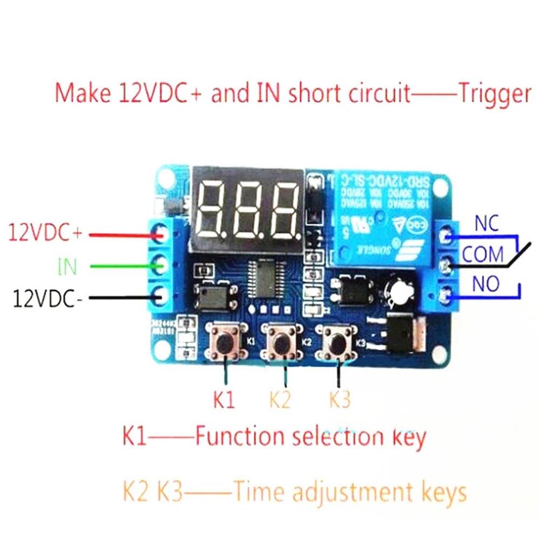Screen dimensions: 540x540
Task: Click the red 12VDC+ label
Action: click(45, 234)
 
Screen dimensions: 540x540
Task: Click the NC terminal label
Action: click(487, 222)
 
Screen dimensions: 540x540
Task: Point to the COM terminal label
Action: click(482, 253)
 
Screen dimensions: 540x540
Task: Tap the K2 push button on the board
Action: click(281, 342)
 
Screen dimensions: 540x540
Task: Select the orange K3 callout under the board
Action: click(340, 400)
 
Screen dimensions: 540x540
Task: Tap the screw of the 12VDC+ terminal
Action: click(160, 233)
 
